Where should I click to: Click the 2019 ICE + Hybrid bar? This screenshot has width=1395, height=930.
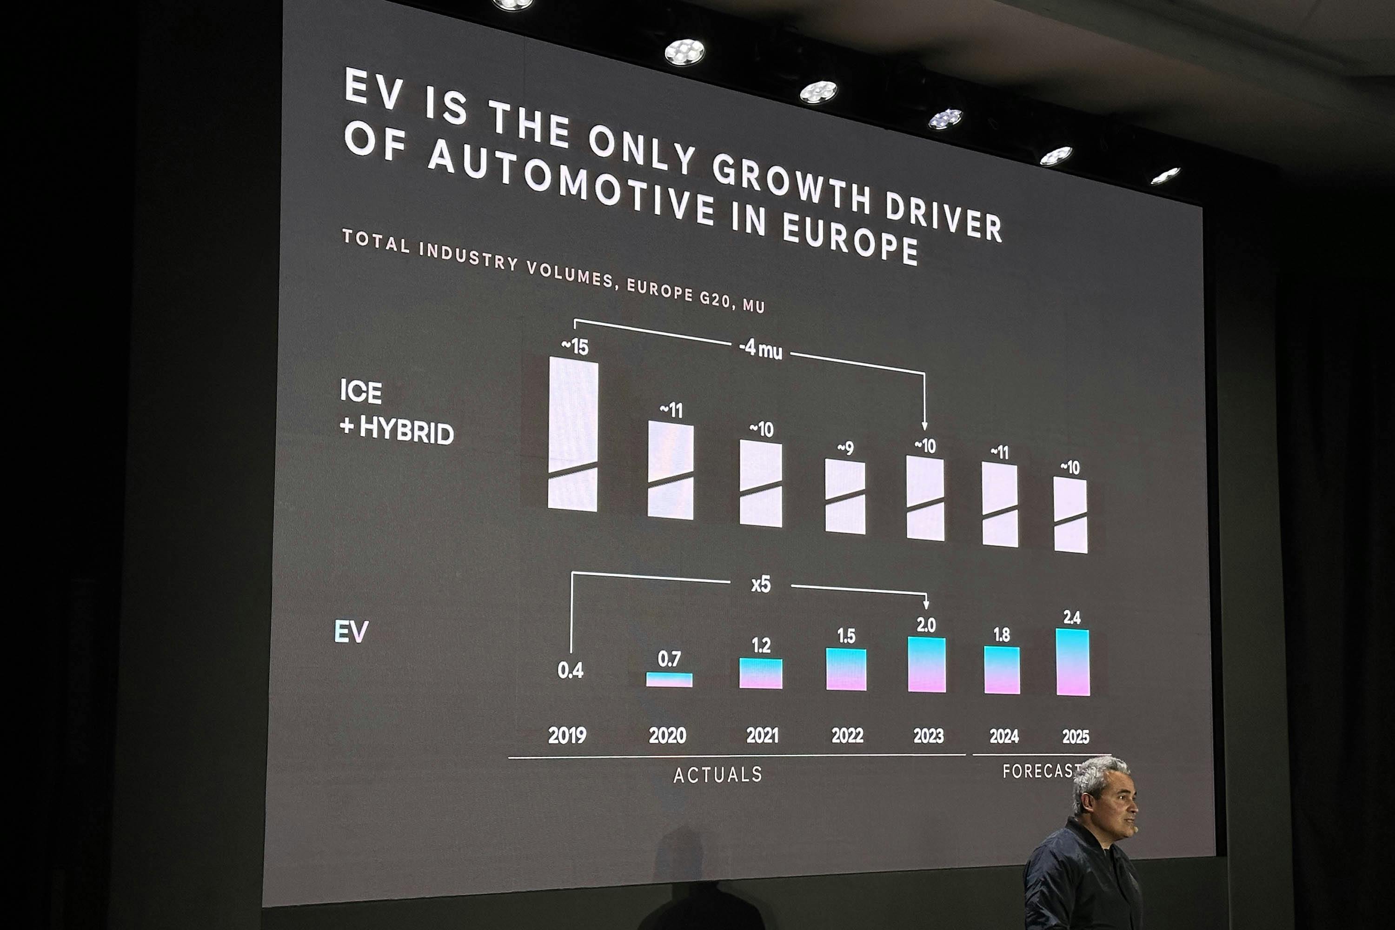click(x=572, y=433)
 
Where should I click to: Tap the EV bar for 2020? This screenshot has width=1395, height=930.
click(x=669, y=680)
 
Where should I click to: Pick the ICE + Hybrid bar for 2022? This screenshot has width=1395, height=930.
click(x=845, y=497)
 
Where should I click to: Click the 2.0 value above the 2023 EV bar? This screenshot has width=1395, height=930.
click(x=926, y=625)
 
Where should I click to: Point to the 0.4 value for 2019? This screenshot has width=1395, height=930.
click(x=570, y=670)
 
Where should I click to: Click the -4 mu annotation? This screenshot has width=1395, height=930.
click(x=760, y=349)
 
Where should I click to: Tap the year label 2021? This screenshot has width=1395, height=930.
click(x=762, y=736)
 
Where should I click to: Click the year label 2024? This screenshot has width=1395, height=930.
click(x=1003, y=736)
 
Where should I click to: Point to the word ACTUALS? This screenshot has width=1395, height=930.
click(x=717, y=775)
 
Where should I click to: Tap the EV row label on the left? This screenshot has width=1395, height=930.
click(x=351, y=631)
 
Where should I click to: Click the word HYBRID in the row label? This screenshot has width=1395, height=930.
click(x=406, y=431)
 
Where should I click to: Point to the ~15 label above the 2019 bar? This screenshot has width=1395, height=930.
click(x=575, y=346)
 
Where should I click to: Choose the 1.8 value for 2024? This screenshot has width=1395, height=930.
click(x=1002, y=635)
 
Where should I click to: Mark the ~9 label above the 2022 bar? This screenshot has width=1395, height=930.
click(x=845, y=448)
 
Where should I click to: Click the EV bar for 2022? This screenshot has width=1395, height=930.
click(x=846, y=669)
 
